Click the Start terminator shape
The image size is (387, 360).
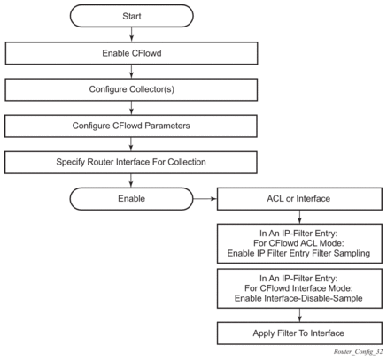coord(132,16)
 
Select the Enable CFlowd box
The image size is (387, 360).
coord(131,53)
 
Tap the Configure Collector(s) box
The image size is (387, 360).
coord(131,89)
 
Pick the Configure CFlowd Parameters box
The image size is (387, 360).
coord(131,126)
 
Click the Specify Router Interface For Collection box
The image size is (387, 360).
coord(131,162)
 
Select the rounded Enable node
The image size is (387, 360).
coord(131,199)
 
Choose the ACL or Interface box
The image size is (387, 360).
coord(299,199)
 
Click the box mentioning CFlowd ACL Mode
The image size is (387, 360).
coord(299,243)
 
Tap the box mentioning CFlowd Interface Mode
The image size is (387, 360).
coord(299,288)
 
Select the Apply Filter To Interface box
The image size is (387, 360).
coord(299,333)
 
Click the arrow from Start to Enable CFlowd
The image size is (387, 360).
coord(132,34)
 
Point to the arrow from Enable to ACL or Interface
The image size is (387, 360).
coord(205,199)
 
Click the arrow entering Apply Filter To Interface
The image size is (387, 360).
coord(299,315)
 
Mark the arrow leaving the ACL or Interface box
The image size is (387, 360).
coord(299,217)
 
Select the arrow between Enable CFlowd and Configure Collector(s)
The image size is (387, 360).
coord(131,72)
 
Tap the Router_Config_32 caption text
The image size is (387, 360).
coord(358,351)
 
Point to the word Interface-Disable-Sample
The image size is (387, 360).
coord(313,298)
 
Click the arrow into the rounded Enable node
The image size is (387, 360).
coord(131,180)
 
